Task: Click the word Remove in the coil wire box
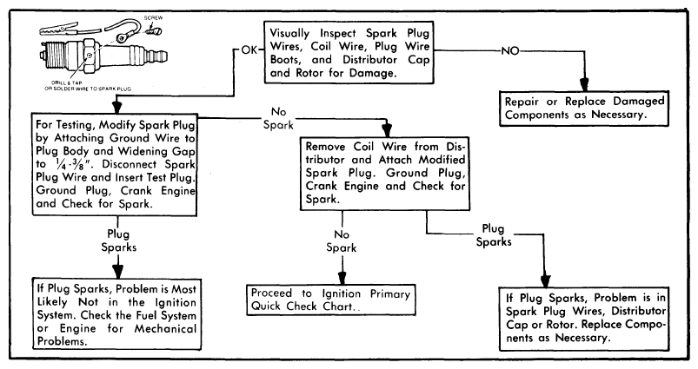tap(331, 145)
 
